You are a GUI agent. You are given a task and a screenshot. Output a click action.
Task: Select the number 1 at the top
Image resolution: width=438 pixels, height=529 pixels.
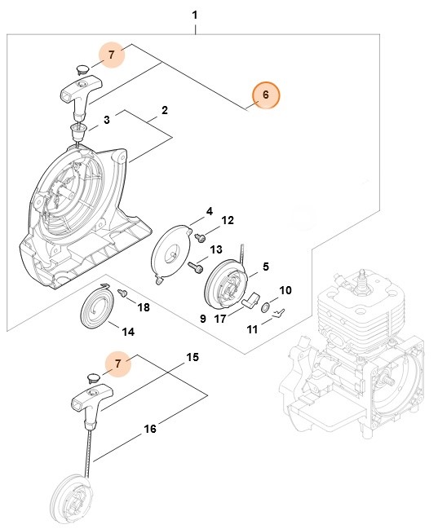coord(194,15)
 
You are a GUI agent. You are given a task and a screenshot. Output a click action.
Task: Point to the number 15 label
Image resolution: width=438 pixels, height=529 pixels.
coord(192,357)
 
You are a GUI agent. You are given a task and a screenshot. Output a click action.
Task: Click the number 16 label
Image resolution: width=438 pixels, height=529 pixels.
coord(150,426)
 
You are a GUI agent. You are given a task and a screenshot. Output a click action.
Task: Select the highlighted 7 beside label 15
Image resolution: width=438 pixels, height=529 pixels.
coord(119,363)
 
